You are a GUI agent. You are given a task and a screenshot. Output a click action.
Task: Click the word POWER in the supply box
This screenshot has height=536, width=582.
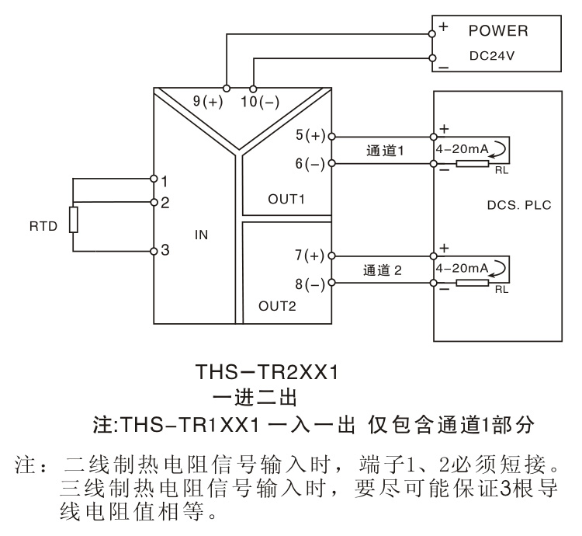click(497, 31)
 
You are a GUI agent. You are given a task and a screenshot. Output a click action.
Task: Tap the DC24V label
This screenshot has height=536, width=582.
click(492, 56)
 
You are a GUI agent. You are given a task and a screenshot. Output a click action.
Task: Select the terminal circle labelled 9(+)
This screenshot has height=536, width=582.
click(227, 89)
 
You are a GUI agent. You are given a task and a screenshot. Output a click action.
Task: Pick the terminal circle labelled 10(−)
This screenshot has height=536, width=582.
click(253, 89)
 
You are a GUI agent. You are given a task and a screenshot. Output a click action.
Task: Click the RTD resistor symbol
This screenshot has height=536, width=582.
click(74, 220)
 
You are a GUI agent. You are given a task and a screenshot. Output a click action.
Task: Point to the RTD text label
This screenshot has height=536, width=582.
click(43, 226)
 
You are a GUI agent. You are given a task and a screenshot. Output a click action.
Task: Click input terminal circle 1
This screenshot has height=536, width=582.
click(154, 179)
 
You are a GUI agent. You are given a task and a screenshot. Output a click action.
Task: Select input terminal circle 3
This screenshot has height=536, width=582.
click(154, 252)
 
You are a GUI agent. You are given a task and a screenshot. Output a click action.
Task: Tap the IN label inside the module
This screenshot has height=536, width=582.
click(201, 235)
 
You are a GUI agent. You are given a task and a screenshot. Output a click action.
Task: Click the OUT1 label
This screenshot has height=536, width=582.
click(286, 199)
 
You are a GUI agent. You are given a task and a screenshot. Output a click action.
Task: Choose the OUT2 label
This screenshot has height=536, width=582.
click(277, 306)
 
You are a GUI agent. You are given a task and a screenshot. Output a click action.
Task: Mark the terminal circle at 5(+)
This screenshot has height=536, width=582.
click(332, 137)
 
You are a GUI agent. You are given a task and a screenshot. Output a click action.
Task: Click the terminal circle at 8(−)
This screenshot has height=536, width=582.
click(332, 283)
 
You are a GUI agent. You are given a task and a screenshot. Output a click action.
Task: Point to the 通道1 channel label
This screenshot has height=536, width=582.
click(385, 151)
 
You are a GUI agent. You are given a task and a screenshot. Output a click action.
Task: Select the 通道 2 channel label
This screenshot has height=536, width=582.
click(383, 270)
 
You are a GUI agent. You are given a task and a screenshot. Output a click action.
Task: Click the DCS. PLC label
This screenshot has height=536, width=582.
click(519, 205)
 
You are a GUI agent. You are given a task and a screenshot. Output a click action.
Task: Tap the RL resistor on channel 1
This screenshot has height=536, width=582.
click(472, 163)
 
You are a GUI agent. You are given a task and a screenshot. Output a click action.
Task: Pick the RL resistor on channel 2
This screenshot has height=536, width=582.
click(472, 283)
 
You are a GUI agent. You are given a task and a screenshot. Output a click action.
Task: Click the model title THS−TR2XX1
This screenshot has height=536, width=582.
click(267, 372)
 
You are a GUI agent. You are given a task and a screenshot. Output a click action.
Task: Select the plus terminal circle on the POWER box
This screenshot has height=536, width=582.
click(431, 34)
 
